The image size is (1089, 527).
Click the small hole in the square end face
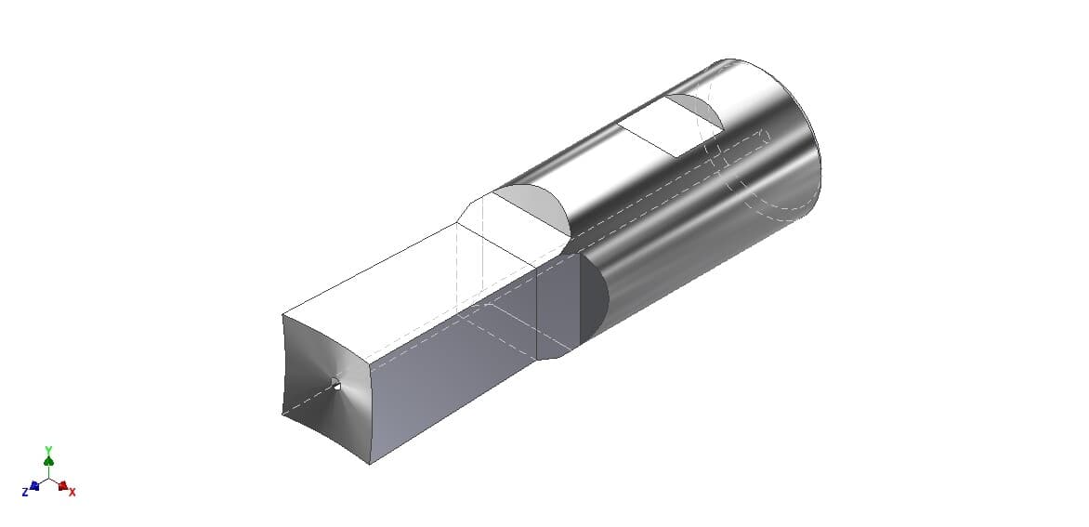(336, 386)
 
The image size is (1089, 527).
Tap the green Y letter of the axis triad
(48, 450)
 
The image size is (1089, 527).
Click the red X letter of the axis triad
(72, 492)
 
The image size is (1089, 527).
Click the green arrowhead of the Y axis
(48, 461)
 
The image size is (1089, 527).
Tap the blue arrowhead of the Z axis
(34, 485)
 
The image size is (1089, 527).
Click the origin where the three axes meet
(48, 478)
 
